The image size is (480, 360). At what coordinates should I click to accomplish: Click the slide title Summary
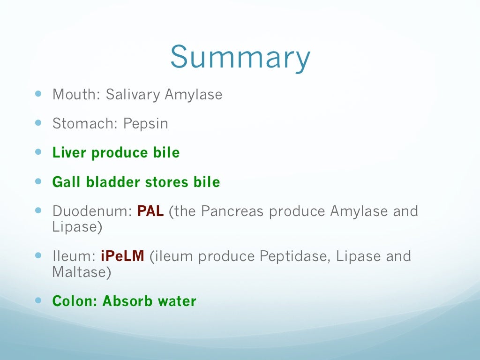(240, 58)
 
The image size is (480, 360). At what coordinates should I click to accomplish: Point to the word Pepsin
(146, 124)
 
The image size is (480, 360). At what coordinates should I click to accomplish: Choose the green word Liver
(69, 153)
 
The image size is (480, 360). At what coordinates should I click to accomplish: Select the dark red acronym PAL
(150, 211)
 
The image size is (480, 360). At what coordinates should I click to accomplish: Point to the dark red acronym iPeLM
(123, 256)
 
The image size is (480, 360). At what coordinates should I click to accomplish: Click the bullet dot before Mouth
(38, 93)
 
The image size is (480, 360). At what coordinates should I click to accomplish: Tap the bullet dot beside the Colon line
(38, 300)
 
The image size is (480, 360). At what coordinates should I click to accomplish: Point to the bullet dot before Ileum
(38, 255)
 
